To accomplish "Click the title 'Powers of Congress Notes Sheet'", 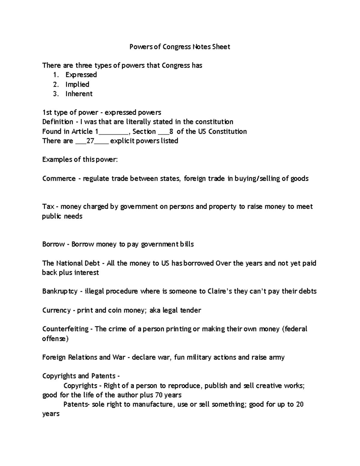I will point(179,47).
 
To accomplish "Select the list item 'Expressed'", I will point(81,75).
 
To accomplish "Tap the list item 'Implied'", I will point(77,84).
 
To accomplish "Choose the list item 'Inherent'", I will point(79,94).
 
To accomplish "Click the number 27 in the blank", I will point(90,141).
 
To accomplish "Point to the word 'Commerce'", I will point(59,179).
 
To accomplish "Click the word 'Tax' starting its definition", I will point(48,206).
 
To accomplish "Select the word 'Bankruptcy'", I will point(60,291).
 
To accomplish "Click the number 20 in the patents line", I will point(300,404).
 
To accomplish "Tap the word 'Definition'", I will point(58,122).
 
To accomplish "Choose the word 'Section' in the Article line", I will point(144,131).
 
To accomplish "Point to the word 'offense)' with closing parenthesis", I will point(55,338).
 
